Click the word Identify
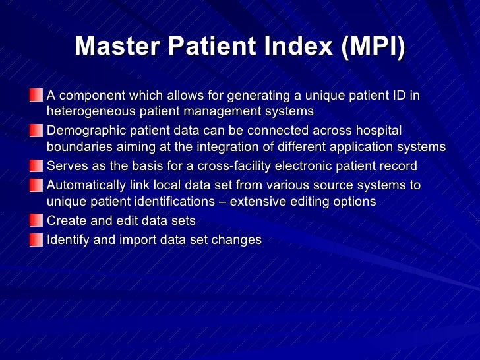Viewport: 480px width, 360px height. pos(68,240)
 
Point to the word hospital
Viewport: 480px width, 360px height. pos(378,131)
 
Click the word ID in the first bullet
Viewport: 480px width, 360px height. pos(398,96)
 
